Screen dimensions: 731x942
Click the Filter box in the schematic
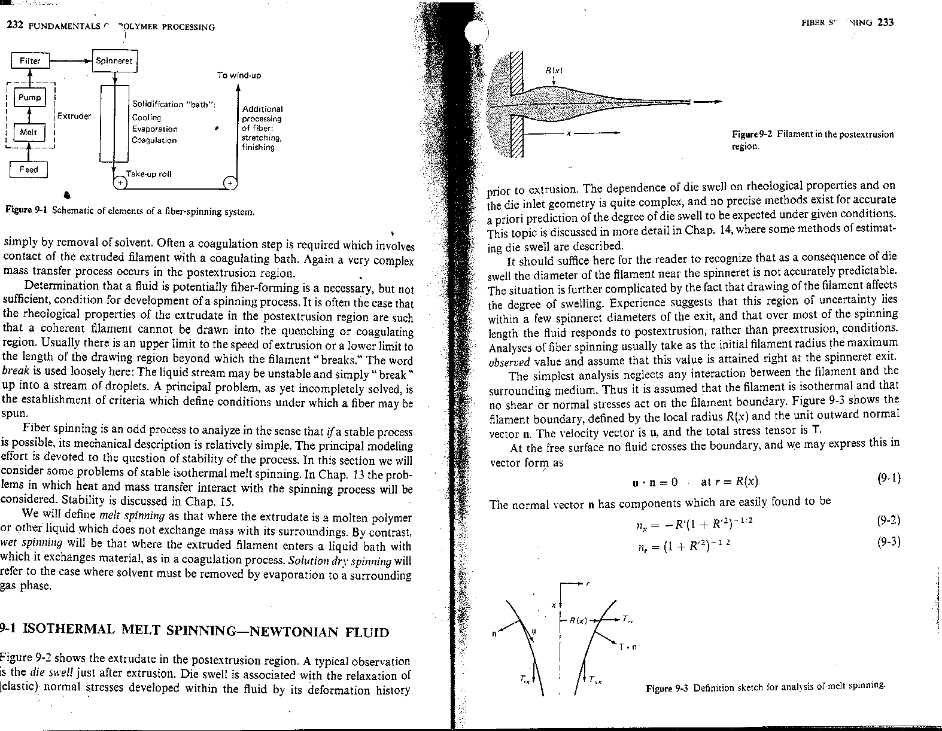tap(30, 60)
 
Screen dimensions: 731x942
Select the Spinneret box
tap(116, 61)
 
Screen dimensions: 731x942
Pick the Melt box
tap(29, 132)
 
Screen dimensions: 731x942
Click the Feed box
tap(29, 169)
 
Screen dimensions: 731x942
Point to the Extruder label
tap(74, 116)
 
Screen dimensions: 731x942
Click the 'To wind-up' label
tap(239, 75)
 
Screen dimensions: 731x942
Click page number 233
tap(885, 23)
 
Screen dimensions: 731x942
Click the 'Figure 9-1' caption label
tap(26, 211)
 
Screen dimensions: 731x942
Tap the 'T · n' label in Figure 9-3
tap(627, 647)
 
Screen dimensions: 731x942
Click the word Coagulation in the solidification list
tap(154, 141)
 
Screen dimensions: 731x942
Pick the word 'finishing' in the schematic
tap(258, 147)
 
